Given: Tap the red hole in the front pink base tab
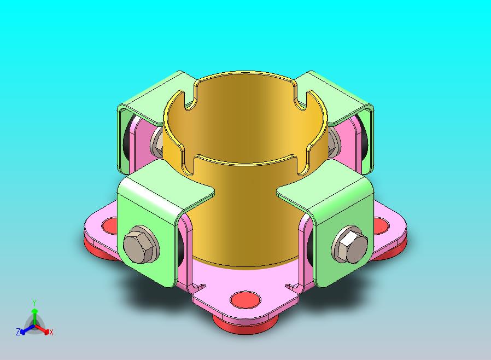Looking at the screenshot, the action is pos(245,299).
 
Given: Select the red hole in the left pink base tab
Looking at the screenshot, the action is pos(110,226).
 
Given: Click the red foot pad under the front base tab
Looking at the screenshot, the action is pos(245,324).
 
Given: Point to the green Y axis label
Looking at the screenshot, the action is pos(34,303).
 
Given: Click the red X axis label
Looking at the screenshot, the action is pos(51,333).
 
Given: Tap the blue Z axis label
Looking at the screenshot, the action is pos(18,332).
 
